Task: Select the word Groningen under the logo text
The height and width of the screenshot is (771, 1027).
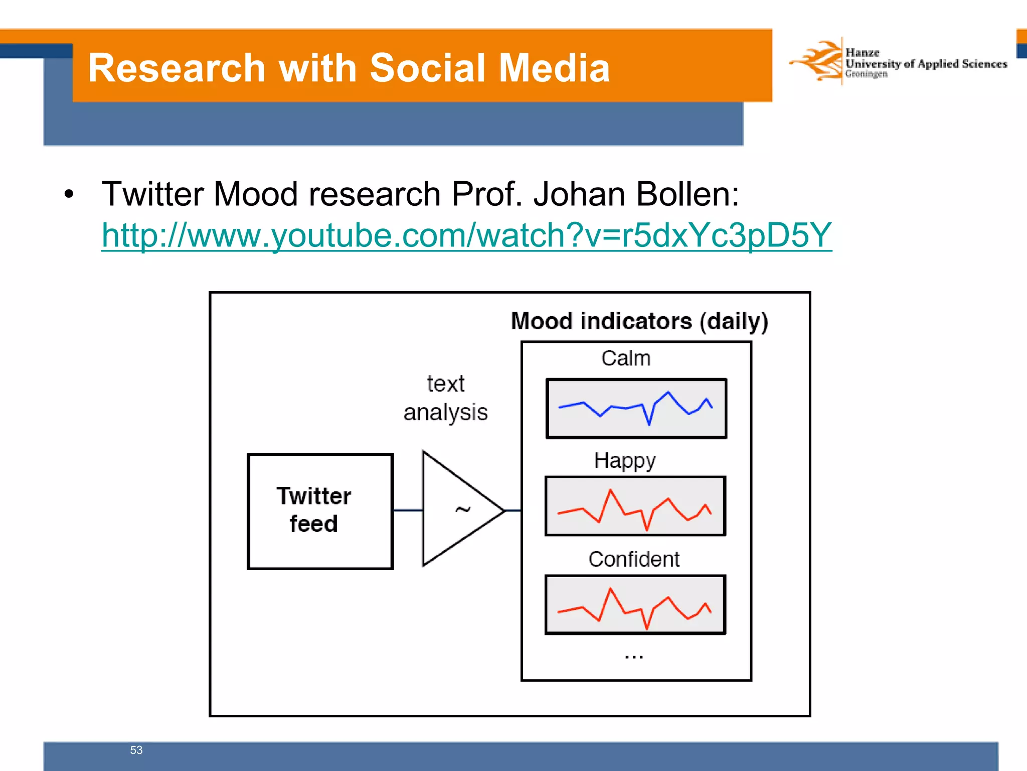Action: click(866, 74)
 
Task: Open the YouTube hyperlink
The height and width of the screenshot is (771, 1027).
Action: click(466, 235)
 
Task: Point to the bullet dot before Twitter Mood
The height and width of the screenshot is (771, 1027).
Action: click(69, 195)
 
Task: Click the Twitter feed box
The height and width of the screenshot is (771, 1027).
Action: click(320, 511)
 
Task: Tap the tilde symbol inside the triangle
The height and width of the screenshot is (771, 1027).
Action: click(462, 510)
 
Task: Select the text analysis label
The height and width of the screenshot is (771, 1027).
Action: click(445, 398)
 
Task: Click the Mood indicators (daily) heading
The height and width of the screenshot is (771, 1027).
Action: click(639, 321)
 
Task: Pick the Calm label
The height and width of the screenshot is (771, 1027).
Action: click(626, 358)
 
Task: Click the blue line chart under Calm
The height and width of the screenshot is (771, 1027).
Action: click(636, 408)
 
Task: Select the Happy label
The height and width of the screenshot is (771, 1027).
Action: click(624, 461)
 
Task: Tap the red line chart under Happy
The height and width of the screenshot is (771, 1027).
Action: click(635, 506)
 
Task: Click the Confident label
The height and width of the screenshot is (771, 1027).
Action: click(634, 559)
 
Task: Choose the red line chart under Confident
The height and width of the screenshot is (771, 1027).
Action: click(635, 605)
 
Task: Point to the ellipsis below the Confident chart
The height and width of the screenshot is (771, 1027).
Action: click(634, 656)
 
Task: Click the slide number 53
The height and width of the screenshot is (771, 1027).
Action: click(136, 750)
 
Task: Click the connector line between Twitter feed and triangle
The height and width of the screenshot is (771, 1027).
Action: click(408, 510)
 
